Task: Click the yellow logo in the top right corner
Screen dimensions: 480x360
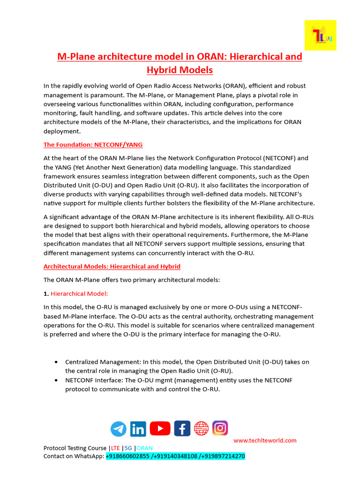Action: (320, 35)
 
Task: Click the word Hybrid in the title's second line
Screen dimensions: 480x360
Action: (162, 70)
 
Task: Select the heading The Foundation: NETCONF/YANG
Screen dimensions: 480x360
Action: (93, 145)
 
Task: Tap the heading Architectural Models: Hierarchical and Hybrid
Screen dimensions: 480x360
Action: (112, 266)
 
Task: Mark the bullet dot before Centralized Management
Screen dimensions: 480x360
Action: (56, 362)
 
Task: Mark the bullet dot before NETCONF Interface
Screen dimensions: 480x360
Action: (56, 380)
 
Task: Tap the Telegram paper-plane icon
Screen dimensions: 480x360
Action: (119, 429)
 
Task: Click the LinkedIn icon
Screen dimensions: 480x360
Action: (138, 429)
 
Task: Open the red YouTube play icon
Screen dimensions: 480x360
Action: (160, 428)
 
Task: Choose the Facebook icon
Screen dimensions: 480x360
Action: (182, 428)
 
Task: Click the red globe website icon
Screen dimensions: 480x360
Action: (202, 428)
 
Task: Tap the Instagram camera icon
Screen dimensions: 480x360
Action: (220, 428)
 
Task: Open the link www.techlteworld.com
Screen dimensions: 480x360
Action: (265, 441)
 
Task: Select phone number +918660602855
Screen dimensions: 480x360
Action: (128, 456)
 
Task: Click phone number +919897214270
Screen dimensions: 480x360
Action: (224, 456)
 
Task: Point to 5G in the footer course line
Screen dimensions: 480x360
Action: (128, 448)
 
